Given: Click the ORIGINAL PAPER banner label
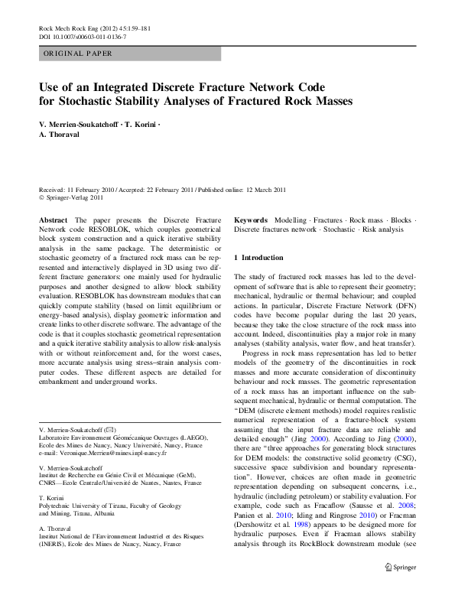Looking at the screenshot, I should pos(79,54).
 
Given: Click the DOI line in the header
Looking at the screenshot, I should pos(83,37).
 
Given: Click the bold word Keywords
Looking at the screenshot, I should pos(251,220).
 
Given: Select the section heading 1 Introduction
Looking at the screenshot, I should pos(258,258).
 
